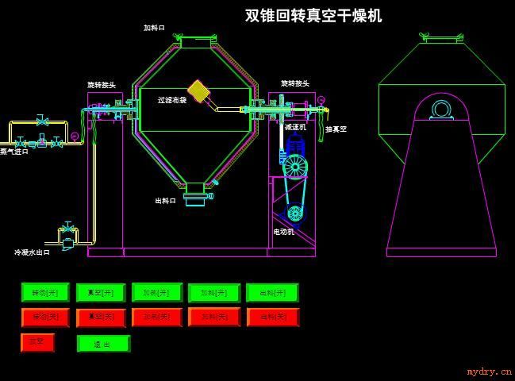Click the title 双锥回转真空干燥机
313,16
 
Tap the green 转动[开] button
45,292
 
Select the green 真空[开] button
101,292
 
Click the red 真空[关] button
101,317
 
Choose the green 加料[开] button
213,292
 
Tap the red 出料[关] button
272,317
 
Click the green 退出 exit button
102,344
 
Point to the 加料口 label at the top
154,28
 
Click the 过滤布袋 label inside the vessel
172,100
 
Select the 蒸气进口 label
14,151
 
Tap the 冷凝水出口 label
32,252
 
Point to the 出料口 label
165,201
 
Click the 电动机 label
284,232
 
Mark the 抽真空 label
336,129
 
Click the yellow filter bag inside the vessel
198,90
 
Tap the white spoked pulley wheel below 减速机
294,166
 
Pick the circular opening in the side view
442,109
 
